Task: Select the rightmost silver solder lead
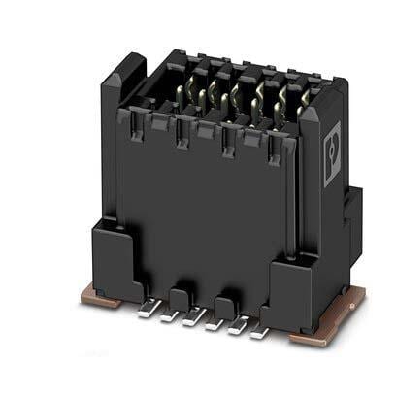(259, 332)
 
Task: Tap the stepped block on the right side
(351, 218)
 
